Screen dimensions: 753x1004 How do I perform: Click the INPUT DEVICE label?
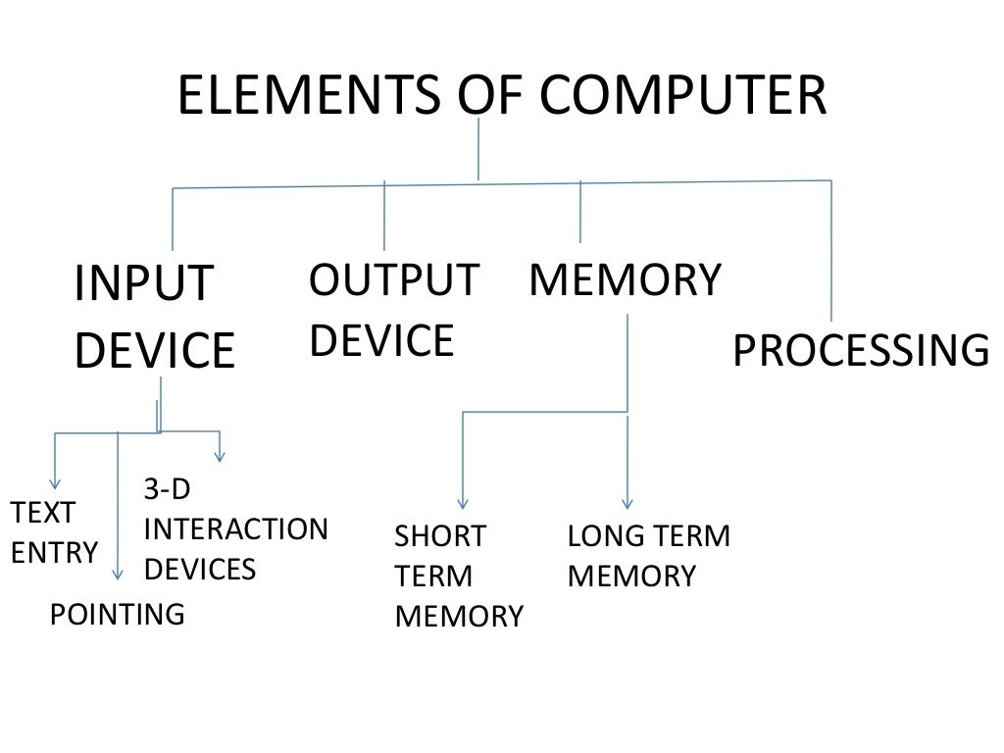click(x=154, y=317)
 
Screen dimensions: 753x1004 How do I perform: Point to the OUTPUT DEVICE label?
click(x=393, y=310)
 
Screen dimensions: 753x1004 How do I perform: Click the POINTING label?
click(x=117, y=615)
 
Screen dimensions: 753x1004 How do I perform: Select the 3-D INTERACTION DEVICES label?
click(x=235, y=529)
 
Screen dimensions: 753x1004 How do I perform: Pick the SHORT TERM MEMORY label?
click(x=458, y=577)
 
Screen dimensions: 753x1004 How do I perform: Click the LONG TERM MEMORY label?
click(x=648, y=556)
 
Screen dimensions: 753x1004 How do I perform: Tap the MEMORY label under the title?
click(x=625, y=280)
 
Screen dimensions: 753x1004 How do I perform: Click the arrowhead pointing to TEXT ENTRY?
click(x=55, y=482)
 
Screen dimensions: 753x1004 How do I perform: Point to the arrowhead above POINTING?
click(x=118, y=576)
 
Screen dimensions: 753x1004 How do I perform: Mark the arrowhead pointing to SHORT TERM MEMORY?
click(x=463, y=502)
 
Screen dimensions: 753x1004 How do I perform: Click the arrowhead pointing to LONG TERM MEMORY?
click(x=627, y=502)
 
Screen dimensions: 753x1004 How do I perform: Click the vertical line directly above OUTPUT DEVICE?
click(x=384, y=216)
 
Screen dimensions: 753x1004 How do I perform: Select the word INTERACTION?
click(x=235, y=529)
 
